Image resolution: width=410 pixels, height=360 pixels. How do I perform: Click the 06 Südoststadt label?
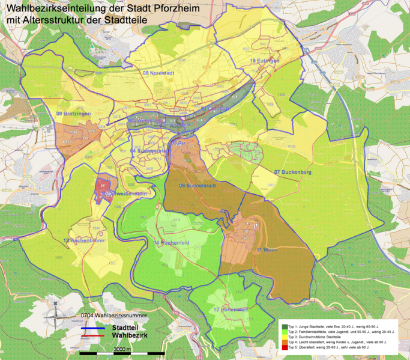click(x=197, y=186)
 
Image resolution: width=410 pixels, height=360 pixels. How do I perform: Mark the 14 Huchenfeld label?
click(x=172, y=243)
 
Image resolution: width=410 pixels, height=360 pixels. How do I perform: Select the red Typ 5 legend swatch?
click(x=284, y=347)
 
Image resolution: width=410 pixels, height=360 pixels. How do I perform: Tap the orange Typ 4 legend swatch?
click(x=284, y=342)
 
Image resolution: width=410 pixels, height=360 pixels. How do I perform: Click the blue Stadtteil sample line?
click(x=94, y=329)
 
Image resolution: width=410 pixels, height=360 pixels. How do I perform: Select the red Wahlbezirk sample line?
click(x=94, y=335)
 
